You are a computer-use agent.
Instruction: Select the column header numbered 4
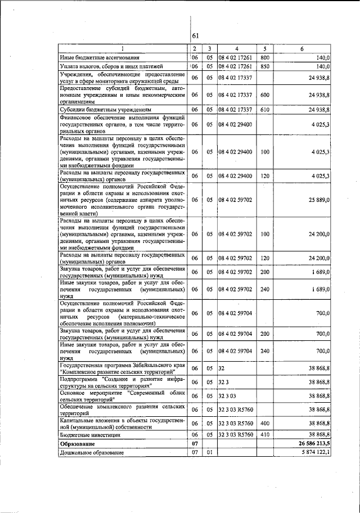coord(237,49)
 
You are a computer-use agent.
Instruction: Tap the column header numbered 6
coord(301,49)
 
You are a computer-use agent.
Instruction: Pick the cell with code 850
coord(265,66)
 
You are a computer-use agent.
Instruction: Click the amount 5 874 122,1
coord(311,452)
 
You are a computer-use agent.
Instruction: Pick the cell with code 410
coord(265,435)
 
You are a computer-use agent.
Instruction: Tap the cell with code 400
coord(265,423)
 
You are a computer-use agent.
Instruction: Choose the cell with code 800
coord(265,57)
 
